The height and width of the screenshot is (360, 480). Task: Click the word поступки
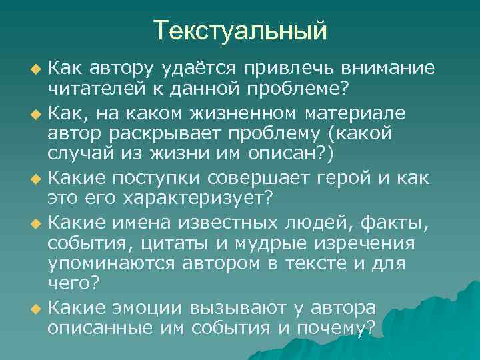[x=165, y=177]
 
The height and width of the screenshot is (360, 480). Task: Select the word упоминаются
[x=107, y=263]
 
